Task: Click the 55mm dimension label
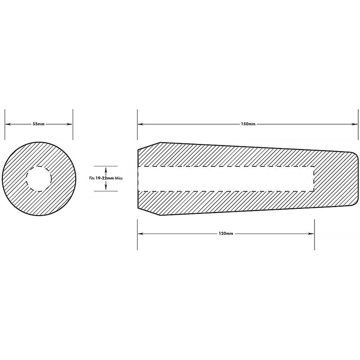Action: pyautogui.click(x=39, y=124)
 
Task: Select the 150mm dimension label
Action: pyautogui.click(x=248, y=124)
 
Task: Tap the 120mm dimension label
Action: pyautogui.click(x=226, y=234)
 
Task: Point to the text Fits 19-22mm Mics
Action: pyautogui.click(x=106, y=178)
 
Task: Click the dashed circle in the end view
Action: pyautogui.click(x=27, y=179)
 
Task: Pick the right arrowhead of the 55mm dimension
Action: pyautogui.click(x=70, y=124)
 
